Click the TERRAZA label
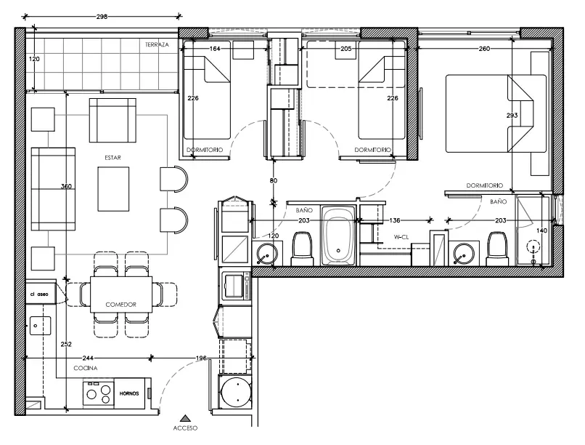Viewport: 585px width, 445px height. (157, 44)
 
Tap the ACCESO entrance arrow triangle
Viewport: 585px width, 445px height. (184, 419)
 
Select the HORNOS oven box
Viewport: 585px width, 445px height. (129, 393)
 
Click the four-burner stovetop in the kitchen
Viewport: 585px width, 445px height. (99, 395)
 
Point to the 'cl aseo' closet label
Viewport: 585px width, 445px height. (39, 294)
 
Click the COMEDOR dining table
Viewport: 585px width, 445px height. (121, 294)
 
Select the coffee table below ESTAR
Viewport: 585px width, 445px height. (113, 189)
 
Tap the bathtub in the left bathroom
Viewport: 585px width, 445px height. (338, 236)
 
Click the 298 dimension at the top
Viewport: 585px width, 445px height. (102, 17)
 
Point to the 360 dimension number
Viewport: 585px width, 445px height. (66, 186)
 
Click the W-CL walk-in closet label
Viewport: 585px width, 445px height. (401, 237)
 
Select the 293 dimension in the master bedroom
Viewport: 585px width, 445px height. (512, 116)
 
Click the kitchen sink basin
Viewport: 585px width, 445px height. (40, 326)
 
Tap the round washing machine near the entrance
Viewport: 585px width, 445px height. (236, 394)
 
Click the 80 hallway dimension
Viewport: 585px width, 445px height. (274, 180)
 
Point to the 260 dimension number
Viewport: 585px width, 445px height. (484, 49)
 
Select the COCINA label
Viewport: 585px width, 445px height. (86, 368)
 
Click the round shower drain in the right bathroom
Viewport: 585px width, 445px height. (533, 247)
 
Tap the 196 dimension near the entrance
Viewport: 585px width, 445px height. (201, 358)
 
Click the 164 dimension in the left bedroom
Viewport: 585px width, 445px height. (215, 49)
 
